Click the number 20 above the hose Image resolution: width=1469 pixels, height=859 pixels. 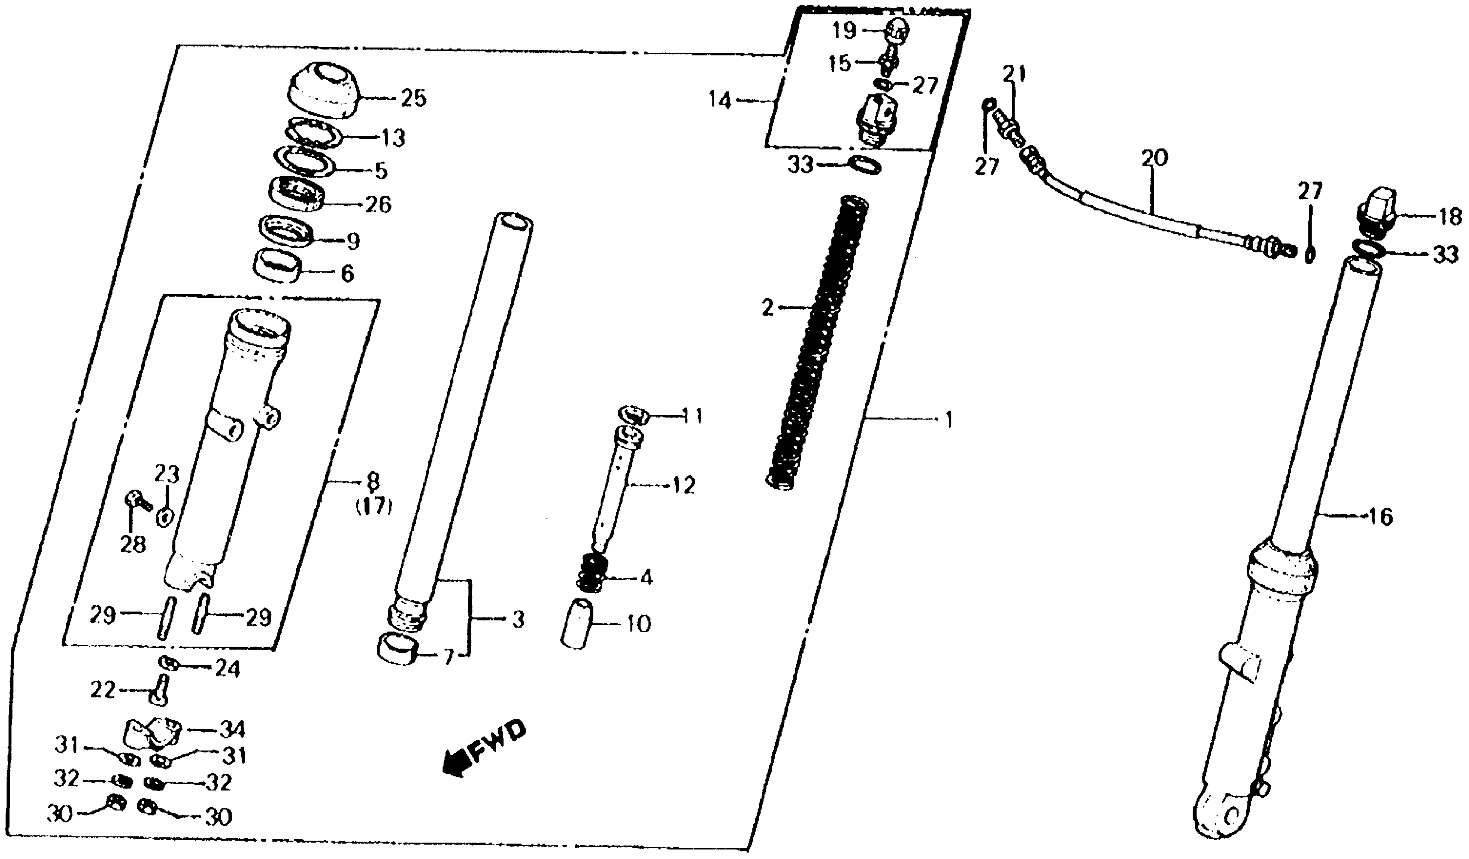click(1154, 159)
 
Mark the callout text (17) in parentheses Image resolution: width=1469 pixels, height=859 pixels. click(374, 507)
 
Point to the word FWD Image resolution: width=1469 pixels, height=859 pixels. click(497, 742)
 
